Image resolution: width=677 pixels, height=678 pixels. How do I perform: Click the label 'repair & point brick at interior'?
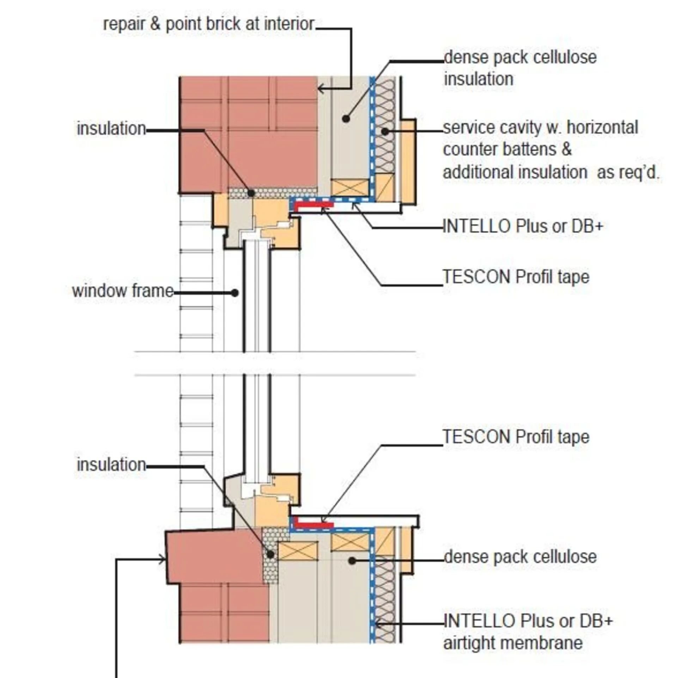[208, 24]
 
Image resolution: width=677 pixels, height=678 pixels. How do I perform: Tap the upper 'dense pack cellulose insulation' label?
[520, 68]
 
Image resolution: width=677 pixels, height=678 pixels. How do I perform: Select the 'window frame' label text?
[123, 291]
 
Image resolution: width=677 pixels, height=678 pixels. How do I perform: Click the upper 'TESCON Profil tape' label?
[516, 277]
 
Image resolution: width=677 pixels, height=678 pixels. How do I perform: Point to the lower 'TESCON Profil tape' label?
[516, 437]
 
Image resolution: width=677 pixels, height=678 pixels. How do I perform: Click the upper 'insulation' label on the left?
[111, 129]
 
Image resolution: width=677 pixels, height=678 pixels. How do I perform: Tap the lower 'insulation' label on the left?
[111, 465]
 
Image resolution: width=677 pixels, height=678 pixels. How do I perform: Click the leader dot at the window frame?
[235, 293]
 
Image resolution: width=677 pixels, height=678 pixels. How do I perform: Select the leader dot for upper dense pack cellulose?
[346, 119]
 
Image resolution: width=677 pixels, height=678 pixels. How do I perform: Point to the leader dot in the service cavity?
[385, 132]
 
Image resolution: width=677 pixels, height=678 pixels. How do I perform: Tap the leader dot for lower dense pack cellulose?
[352, 561]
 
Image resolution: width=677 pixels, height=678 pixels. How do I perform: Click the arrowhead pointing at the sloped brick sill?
[163, 560]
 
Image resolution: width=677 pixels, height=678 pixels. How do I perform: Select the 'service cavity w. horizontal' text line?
[540, 128]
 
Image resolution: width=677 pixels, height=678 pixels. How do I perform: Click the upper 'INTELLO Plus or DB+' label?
[523, 226]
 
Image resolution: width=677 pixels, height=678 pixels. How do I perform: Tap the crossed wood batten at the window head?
[349, 187]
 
